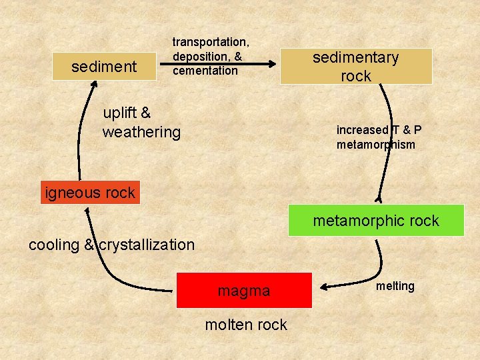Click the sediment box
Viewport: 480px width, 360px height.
pyautogui.click(x=103, y=67)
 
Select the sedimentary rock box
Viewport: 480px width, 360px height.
pyautogui.click(x=356, y=66)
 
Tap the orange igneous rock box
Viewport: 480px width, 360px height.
pyautogui.click(x=90, y=193)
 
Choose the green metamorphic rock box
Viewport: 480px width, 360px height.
pyautogui.click(x=376, y=221)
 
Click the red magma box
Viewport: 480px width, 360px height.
pyautogui.click(x=244, y=291)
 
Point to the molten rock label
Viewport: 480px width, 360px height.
pyautogui.click(x=246, y=325)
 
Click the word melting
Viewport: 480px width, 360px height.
pyautogui.click(x=395, y=286)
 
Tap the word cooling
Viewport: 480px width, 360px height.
pyautogui.click(x=54, y=245)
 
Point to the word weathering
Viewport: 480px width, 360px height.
pyautogui.click(x=141, y=132)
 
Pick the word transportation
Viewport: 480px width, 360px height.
pyautogui.click(x=211, y=42)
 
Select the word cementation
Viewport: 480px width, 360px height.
pyautogui.click(x=205, y=71)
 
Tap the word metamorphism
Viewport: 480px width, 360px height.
pyautogui.click(x=376, y=145)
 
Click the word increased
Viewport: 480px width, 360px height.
pyautogui.click(x=362, y=130)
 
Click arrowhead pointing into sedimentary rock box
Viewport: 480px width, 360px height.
pyautogui.click(x=272, y=64)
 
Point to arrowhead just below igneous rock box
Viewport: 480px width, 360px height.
pyautogui.click(x=87, y=211)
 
